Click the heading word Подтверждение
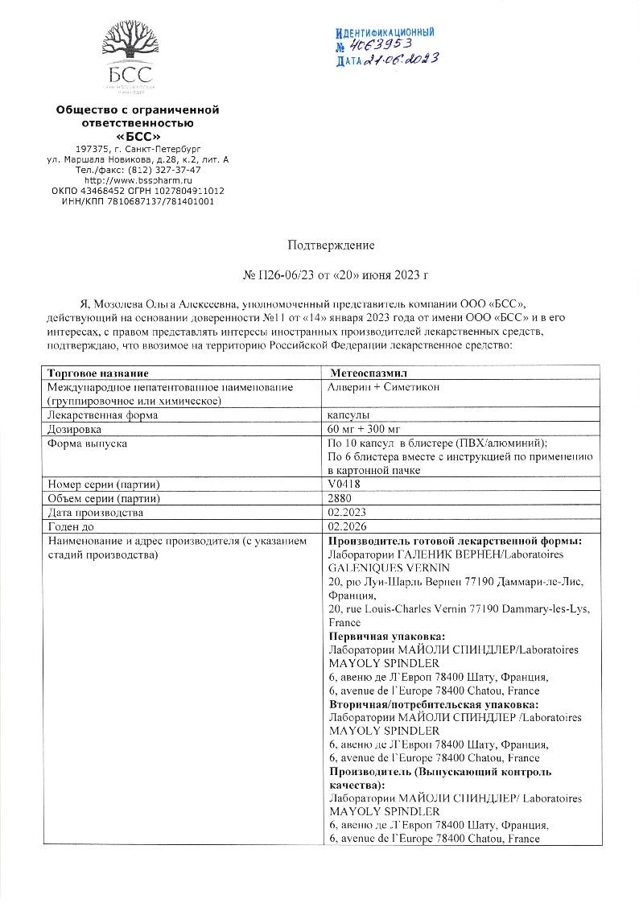pyautogui.click(x=331, y=244)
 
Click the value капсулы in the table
pyautogui.click(x=349, y=415)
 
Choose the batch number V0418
pyautogui.click(x=344, y=484)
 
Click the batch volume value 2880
pyautogui.click(x=341, y=499)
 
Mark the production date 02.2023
pyautogui.click(x=348, y=513)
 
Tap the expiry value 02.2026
pyautogui.click(x=348, y=526)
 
